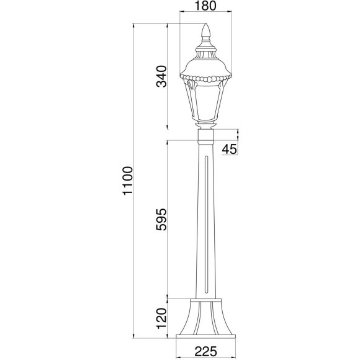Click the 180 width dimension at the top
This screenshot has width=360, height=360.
(205, 6)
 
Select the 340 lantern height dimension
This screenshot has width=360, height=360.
(161, 76)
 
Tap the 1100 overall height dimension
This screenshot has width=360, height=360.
(128, 181)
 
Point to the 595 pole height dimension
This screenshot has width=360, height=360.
(161, 219)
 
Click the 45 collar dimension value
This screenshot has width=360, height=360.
(230, 150)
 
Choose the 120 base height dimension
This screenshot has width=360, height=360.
(161, 318)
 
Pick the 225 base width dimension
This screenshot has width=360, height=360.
(205, 351)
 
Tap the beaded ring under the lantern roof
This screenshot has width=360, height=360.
(205, 78)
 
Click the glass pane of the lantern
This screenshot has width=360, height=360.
(206, 103)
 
